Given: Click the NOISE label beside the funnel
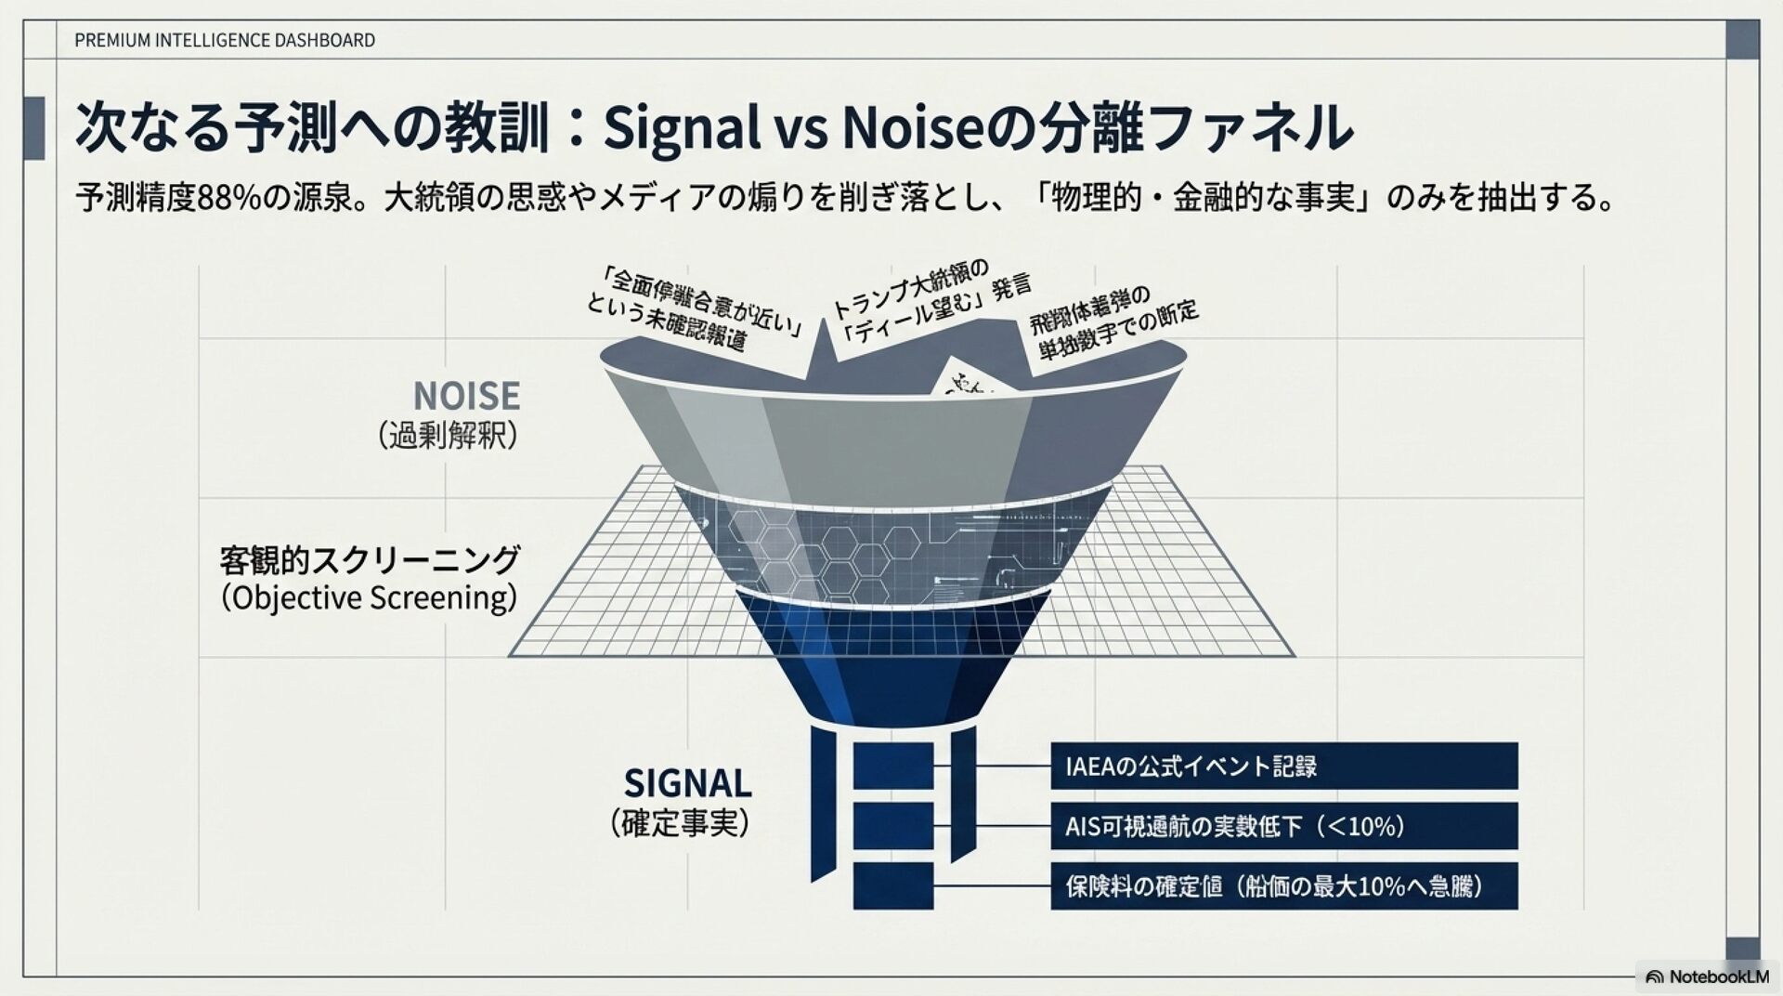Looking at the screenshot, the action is (466, 396).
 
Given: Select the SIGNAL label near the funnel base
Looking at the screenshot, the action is (687, 783).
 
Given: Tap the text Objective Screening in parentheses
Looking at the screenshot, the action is (369, 597).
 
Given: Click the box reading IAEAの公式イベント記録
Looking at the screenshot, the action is (1283, 767).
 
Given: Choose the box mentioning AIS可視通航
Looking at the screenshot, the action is (1283, 826).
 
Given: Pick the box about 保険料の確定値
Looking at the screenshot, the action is (1283, 886).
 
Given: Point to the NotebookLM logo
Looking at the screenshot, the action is (1707, 976).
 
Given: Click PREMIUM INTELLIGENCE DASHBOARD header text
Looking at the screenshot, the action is (225, 40).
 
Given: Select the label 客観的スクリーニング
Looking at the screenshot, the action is (369, 560).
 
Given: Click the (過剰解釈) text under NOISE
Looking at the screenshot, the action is (448, 436).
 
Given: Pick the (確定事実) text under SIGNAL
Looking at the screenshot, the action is (680, 823).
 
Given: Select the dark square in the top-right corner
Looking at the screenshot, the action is (1742, 40).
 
